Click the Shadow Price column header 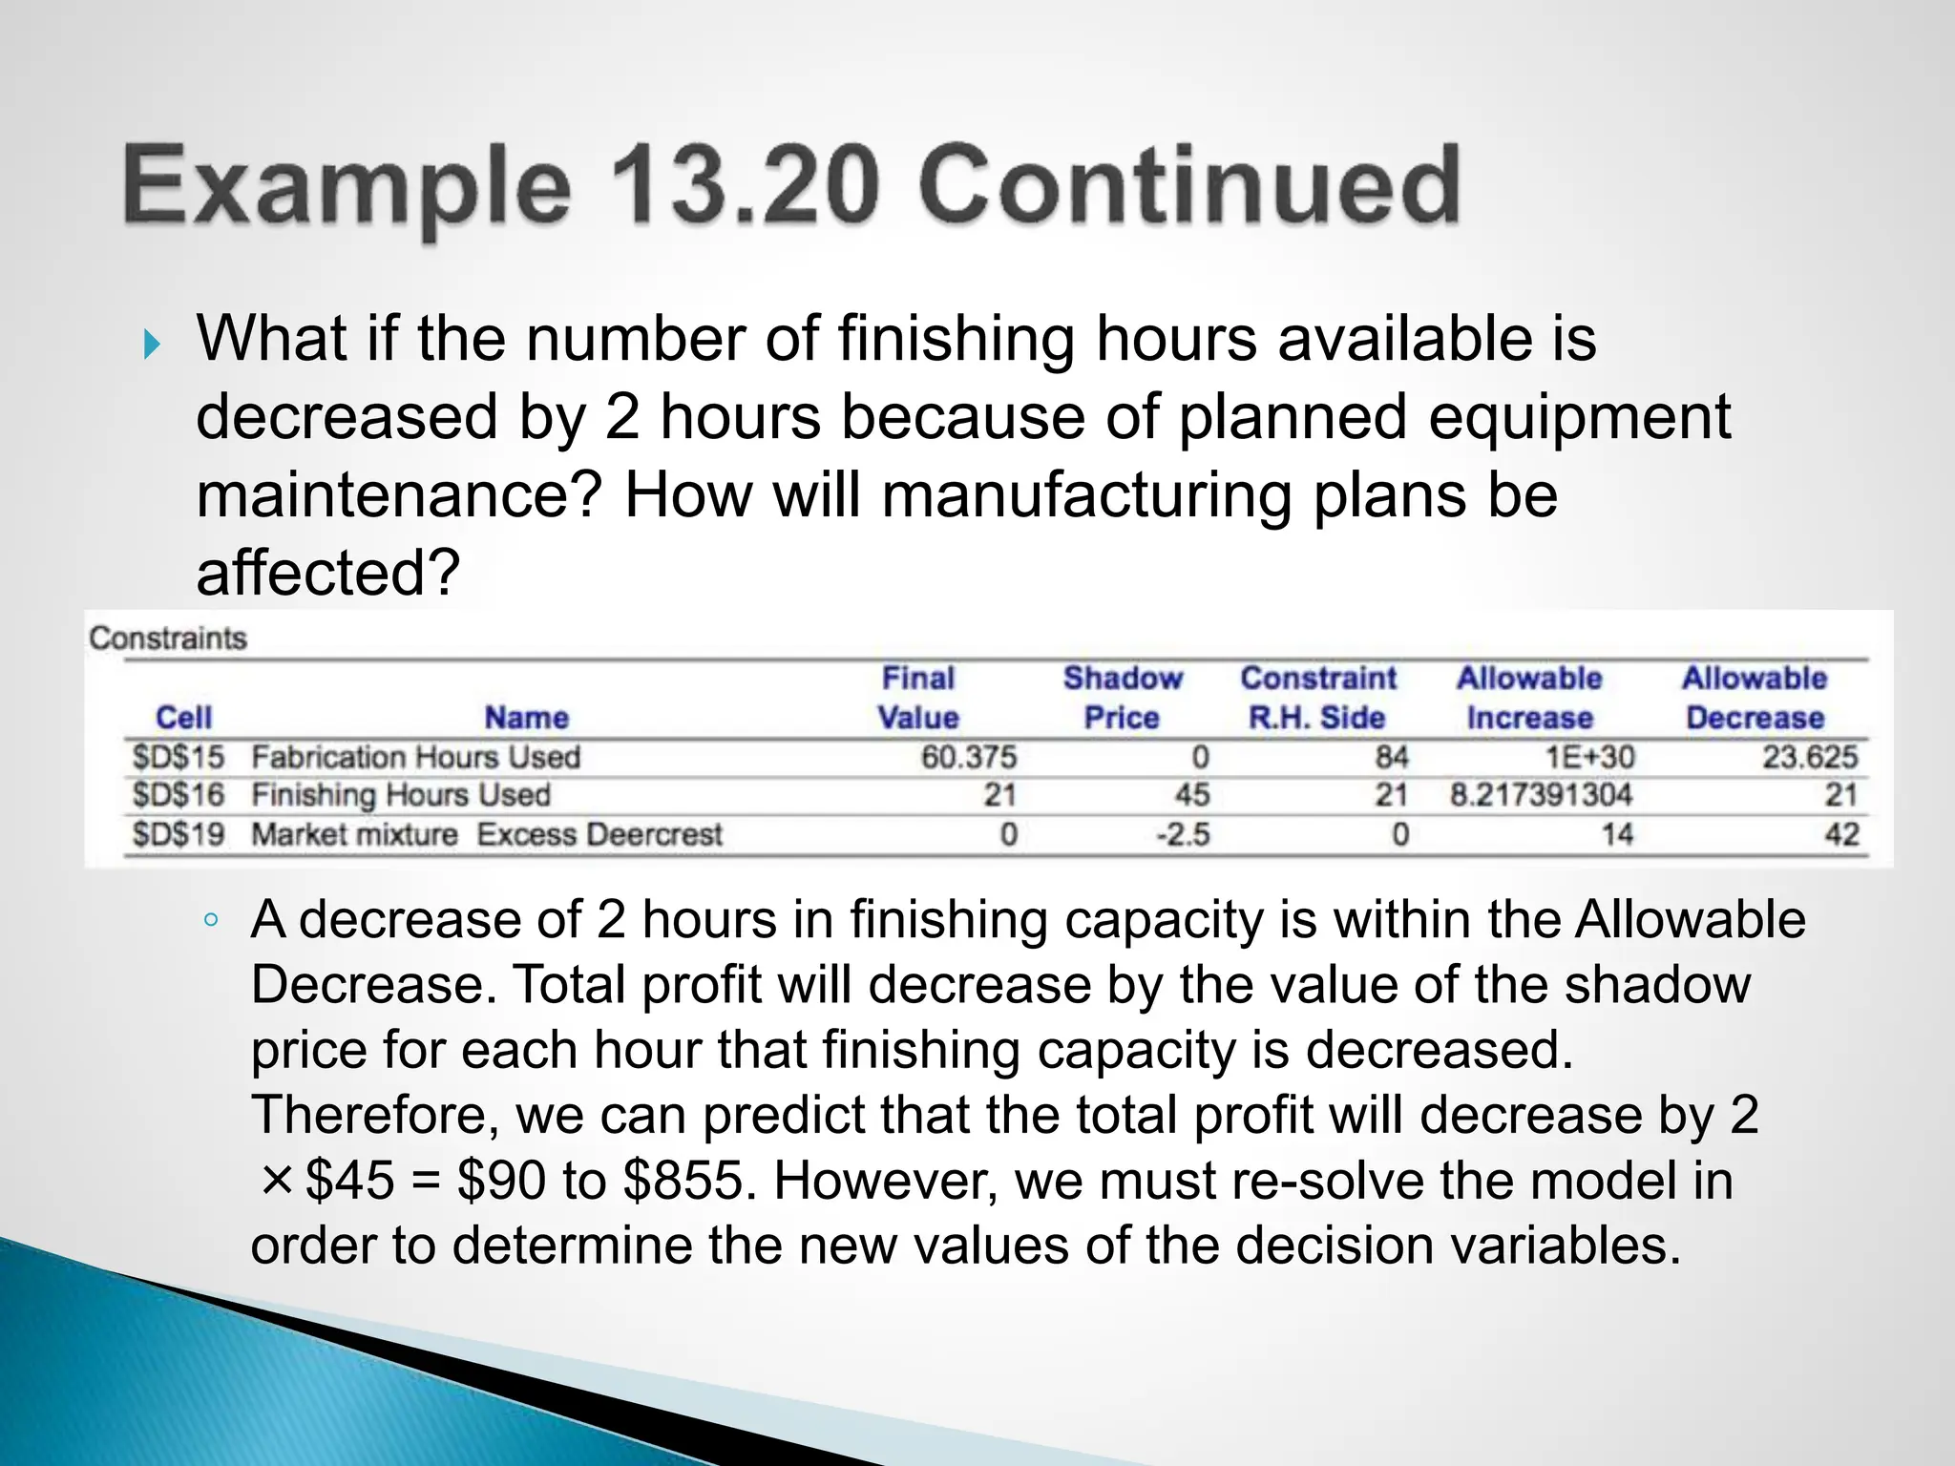coord(1123,698)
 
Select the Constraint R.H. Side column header coord(1317,698)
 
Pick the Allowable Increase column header coord(1529,698)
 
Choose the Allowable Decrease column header coord(1755,698)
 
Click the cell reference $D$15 coord(179,758)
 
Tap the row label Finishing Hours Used coord(401,795)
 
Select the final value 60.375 coord(969,758)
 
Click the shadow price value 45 coord(1192,795)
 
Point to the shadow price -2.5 coord(1184,835)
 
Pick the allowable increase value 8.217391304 coord(1541,795)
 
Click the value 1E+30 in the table coord(1590,758)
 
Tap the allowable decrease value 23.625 coord(1810,758)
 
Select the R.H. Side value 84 coord(1392,758)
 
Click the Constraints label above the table coord(168,638)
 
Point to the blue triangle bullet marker coord(153,344)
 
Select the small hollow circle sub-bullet coord(211,921)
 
